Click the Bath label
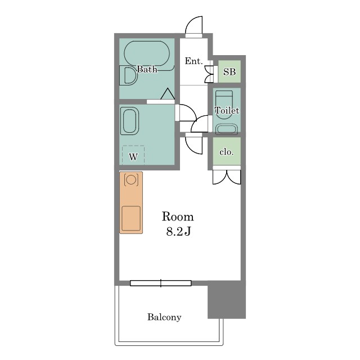(147, 69)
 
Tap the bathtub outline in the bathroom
(147, 42)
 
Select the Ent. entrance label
(193, 61)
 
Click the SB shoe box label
(229, 71)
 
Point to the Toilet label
(227, 111)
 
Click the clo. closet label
(226, 152)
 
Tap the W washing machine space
(133, 155)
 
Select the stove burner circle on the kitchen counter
(131, 179)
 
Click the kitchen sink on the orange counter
(131, 218)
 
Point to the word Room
(178, 217)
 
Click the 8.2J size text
(178, 232)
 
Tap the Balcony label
(164, 317)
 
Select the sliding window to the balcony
(161, 283)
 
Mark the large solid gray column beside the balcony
(227, 300)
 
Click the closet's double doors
(227, 177)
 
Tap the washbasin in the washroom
(130, 121)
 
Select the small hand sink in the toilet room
(226, 129)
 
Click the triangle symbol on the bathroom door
(168, 94)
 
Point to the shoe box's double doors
(209, 74)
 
